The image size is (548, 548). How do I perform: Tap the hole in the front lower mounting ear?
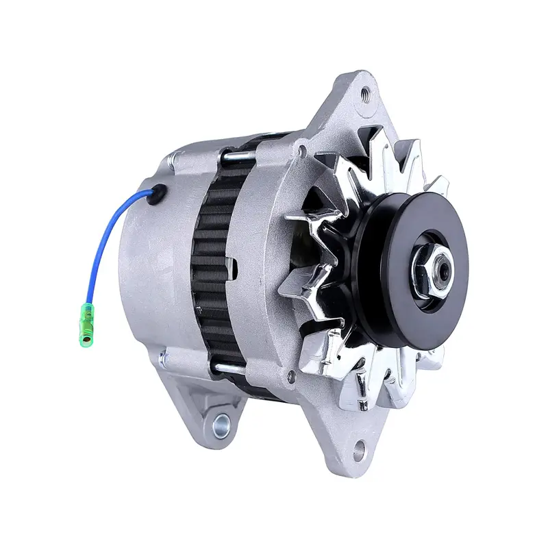(358, 450)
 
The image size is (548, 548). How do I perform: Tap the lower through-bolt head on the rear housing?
(162, 356)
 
